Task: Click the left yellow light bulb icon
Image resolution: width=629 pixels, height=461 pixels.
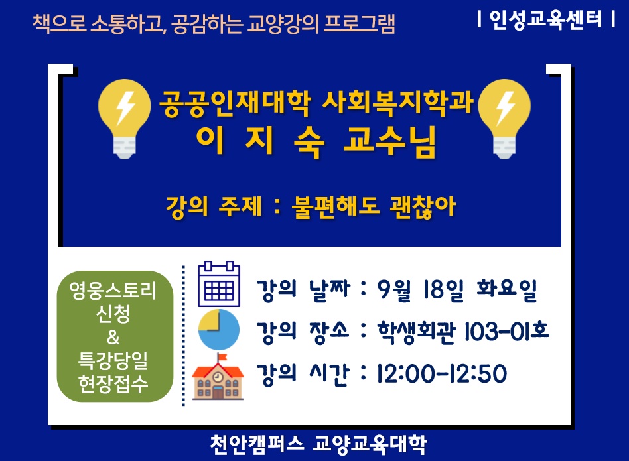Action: pyautogui.click(x=124, y=119)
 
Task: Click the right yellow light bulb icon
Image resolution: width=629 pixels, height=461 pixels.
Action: pyautogui.click(x=504, y=119)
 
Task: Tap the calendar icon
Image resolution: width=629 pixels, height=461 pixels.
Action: pyautogui.click(x=219, y=284)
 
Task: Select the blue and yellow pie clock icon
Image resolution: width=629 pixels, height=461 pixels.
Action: pyautogui.click(x=219, y=330)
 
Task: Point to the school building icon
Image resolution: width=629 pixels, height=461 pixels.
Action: pyautogui.click(x=218, y=377)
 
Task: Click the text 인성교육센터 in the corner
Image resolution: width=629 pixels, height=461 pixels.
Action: pyautogui.click(x=545, y=19)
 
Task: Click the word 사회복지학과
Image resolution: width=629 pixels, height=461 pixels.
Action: pyautogui.click(x=398, y=103)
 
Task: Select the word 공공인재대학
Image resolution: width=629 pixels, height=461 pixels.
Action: pyautogui.click(x=235, y=103)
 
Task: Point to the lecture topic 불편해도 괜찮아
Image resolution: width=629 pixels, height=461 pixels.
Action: pyautogui.click(x=374, y=207)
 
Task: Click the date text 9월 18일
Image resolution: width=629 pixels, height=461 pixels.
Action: pyautogui.click(x=420, y=289)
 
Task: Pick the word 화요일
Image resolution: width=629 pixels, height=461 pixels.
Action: pyautogui.click(x=507, y=289)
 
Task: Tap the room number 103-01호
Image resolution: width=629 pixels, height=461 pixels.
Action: pyautogui.click(x=506, y=332)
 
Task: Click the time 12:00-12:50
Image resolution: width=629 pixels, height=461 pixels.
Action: pyautogui.click(x=442, y=374)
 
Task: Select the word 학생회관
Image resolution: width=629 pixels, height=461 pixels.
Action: pyautogui.click(x=417, y=332)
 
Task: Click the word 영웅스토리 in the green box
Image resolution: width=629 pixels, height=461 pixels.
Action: pyautogui.click(x=113, y=291)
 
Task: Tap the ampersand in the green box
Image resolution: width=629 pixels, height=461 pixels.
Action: pyautogui.click(x=113, y=338)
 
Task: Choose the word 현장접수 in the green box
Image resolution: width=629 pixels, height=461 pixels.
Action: pyautogui.click(x=113, y=383)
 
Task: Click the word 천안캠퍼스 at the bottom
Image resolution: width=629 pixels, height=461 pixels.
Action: pyautogui.click(x=257, y=444)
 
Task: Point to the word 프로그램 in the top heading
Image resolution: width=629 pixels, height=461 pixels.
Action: pyautogui.click(x=360, y=23)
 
